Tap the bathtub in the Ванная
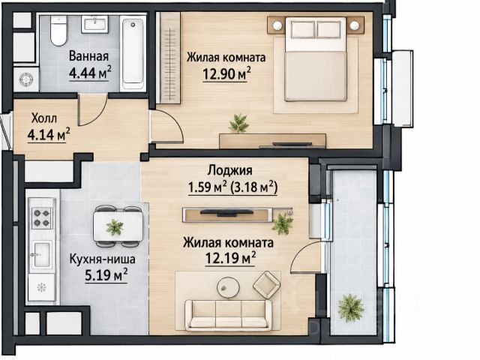(x=133, y=54)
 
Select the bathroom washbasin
(x=94, y=24)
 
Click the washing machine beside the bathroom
(x=26, y=79)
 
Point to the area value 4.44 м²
(x=89, y=73)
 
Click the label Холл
(x=44, y=118)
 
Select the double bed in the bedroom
(x=316, y=58)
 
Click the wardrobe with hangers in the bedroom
(x=169, y=58)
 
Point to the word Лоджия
(x=230, y=170)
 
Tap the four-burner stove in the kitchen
(x=42, y=217)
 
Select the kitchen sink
(x=42, y=254)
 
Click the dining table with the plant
(x=118, y=226)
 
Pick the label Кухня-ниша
(x=102, y=259)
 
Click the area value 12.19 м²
(x=230, y=258)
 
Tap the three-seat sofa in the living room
(x=229, y=315)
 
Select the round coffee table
(x=228, y=288)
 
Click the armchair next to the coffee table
(x=266, y=284)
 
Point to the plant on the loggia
(x=351, y=307)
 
